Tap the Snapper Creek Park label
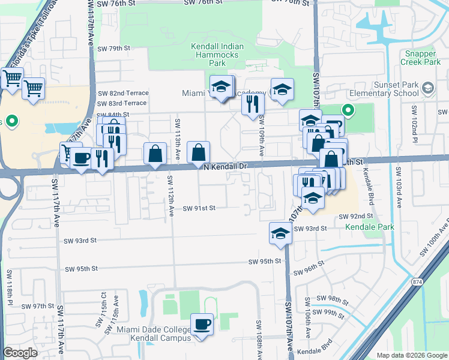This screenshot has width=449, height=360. point(420,58)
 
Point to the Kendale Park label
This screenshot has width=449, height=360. point(370,227)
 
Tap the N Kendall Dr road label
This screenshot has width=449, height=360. point(225,166)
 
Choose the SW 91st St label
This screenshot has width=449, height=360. point(199,207)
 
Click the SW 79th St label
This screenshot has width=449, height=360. point(113,49)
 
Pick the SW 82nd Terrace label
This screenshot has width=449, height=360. point(122,93)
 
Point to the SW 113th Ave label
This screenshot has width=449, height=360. point(178,139)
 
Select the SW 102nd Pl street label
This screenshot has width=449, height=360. point(414,123)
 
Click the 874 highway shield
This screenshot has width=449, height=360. point(417,281)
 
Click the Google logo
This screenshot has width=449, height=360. point(20,353)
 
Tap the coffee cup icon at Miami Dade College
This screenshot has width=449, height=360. point(202,325)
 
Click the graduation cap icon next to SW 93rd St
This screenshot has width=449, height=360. point(280,233)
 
